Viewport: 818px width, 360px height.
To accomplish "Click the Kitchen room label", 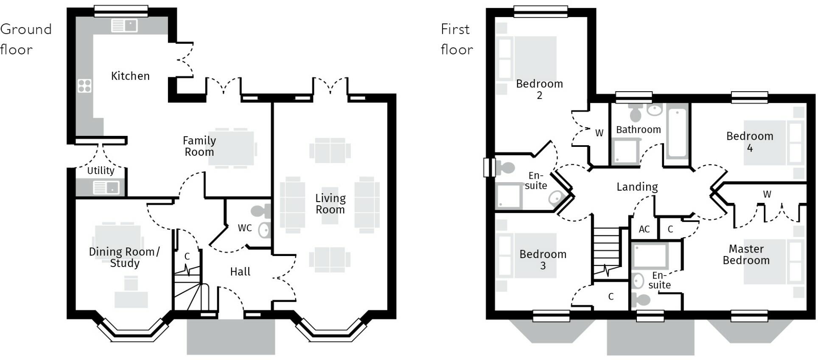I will tap(130, 76).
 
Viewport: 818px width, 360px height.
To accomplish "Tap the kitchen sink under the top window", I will tap(124, 25).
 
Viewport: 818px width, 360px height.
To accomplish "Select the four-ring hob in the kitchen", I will tap(84, 86).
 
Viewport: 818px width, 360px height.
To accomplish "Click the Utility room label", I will tap(101, 171).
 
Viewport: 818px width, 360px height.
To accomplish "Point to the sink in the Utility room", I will tap(106, 187).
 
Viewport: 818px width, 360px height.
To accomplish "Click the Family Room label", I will tap(199, 146).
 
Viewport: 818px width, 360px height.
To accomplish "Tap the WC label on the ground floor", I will tap(245, 228).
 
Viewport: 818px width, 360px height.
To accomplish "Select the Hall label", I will tap(240, 272).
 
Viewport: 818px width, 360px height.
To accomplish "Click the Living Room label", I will tap(330, 204).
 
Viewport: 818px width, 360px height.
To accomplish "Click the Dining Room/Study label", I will tap(124, 257).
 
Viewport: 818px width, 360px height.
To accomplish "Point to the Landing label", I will tap(637, 187).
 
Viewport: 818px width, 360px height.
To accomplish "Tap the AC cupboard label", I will tap(644, 229).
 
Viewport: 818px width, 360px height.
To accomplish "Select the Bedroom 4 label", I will tap(750, 142).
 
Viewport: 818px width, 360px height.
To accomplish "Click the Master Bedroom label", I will tap(746, 254).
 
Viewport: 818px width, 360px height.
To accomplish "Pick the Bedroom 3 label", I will tap(543, 260).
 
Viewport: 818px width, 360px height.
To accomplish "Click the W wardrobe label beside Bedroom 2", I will tap(599, 133).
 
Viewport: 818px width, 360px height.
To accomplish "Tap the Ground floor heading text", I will tap(25, 39).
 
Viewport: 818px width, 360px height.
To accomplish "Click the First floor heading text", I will tap(457, 39).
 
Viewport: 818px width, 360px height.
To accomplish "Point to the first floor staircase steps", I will tap(607, 250).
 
